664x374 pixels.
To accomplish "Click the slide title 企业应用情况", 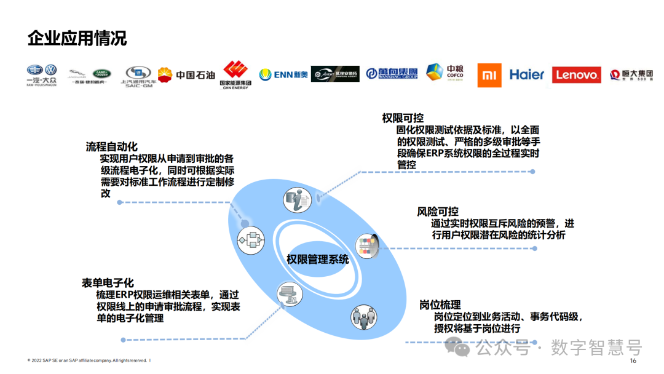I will point(77,38).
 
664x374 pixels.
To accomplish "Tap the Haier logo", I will point(527,74).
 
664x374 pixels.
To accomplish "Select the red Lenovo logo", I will point(576,75).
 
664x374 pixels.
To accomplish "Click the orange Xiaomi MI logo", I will point(489,75).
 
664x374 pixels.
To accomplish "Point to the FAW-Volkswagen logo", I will point(41,74).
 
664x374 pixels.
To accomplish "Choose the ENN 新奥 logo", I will point(283,74).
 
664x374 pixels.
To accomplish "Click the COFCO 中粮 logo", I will point(445,73).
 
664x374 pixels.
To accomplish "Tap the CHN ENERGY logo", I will point(235,75).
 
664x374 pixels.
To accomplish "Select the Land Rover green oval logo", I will point(101,73).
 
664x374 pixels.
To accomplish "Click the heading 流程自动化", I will point(111,147).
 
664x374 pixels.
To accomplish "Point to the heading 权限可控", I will point(403,118).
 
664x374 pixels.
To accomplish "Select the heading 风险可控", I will point(438,212).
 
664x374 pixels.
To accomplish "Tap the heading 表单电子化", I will point(108,283).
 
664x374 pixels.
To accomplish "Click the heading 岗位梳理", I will point(440,305).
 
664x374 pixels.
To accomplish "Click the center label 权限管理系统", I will point(317,259).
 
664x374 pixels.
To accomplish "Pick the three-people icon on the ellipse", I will point(362,317).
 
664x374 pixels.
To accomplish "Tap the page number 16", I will point(633,361).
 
